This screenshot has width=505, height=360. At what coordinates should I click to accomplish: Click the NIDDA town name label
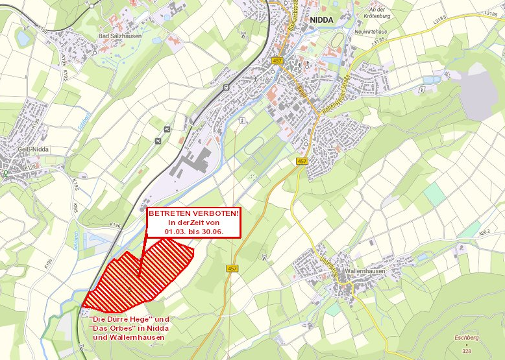(321, 20)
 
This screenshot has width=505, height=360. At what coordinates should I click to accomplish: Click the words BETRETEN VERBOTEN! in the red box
(193, 213)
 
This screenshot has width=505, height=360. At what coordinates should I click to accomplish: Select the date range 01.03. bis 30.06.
(193, 231)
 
